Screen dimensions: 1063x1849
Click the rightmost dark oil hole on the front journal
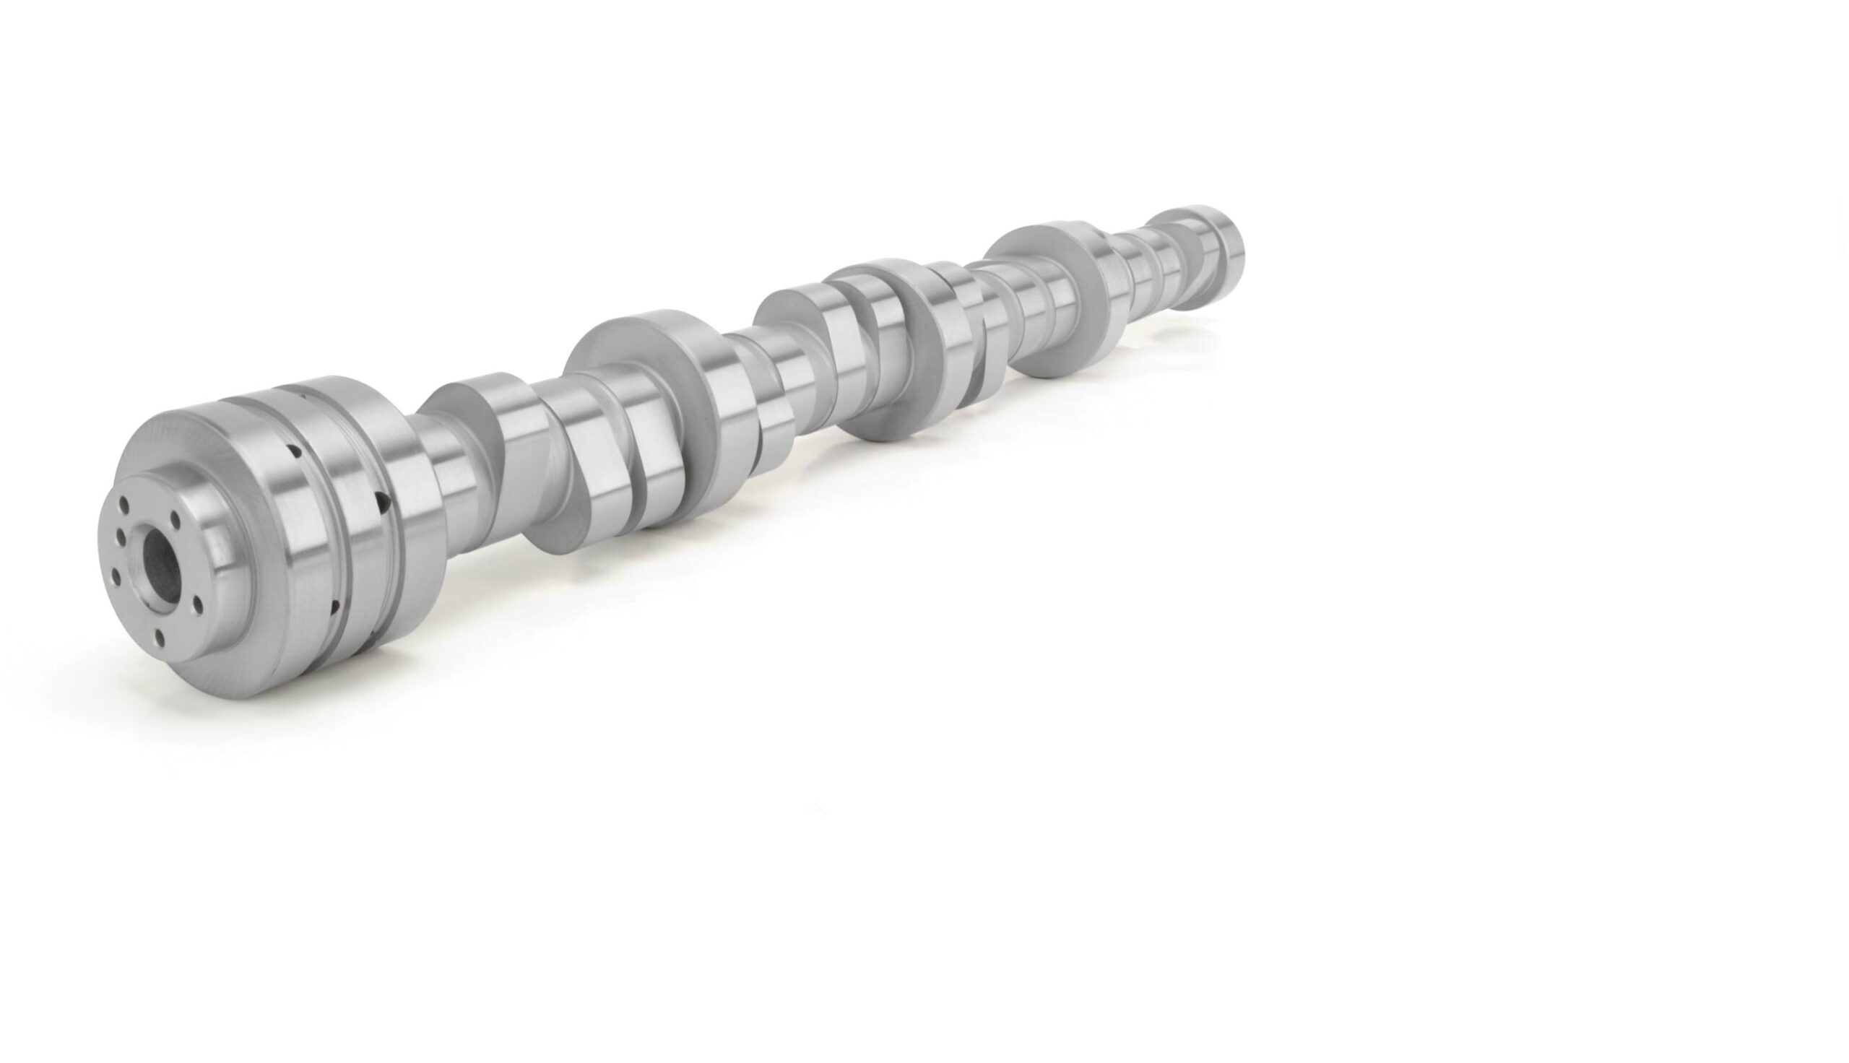(x=381, y=501)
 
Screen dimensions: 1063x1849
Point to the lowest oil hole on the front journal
(x=334, y=605)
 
